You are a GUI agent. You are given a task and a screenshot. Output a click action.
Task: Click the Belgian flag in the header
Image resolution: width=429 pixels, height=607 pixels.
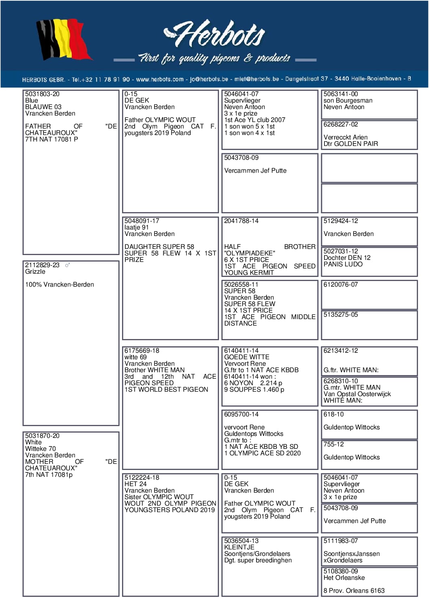64,40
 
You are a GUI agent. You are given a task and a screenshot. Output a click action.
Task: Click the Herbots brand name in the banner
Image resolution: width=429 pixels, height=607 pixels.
215,34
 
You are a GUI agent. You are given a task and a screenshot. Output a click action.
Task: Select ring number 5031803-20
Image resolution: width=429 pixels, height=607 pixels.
42,94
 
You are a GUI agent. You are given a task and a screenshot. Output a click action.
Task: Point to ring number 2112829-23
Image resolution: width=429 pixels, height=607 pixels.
42,265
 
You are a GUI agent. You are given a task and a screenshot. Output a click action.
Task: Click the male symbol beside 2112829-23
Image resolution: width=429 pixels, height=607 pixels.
67,265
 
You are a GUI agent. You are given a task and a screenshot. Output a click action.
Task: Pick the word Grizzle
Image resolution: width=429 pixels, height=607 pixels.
35,272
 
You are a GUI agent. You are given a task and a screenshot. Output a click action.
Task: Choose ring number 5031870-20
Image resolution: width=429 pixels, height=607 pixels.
42,436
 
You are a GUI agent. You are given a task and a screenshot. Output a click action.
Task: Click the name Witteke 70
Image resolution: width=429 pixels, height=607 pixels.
41,449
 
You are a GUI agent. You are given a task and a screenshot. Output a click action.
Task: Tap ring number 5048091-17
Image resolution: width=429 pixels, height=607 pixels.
142,221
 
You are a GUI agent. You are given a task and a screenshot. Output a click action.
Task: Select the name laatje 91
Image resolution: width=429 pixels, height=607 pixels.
137,227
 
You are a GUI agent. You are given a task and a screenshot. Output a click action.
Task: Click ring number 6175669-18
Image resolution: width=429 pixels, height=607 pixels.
142,351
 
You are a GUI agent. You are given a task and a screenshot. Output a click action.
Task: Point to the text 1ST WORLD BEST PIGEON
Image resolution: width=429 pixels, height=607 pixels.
166,390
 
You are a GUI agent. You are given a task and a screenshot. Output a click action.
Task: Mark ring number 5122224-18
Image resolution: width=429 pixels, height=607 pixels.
142,478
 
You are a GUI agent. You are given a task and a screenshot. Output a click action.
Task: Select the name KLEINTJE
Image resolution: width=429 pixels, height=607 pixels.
239,547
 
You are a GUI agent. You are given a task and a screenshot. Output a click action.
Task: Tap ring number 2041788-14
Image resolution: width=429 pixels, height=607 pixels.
241,221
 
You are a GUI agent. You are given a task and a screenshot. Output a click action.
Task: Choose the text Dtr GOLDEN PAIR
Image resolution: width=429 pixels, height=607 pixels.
351,144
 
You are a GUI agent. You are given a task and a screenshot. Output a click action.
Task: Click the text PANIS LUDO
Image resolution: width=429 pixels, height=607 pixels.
343,264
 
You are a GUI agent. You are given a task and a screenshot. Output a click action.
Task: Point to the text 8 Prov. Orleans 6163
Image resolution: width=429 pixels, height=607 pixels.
354,591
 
